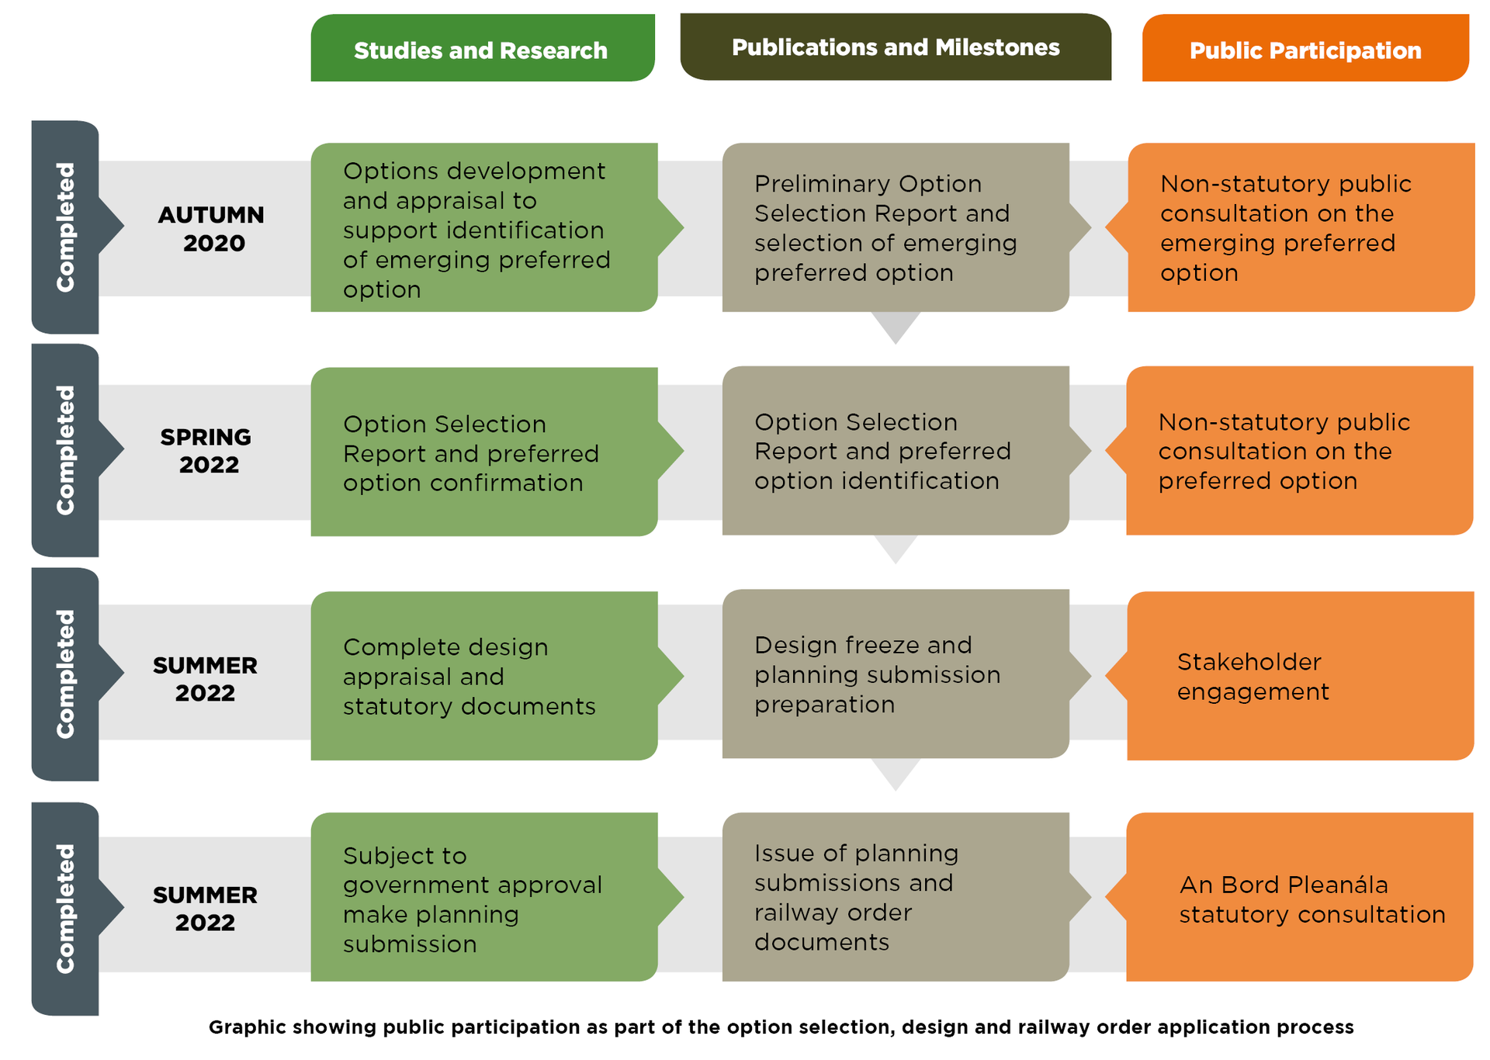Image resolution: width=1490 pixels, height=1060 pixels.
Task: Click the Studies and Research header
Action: click(482, 49)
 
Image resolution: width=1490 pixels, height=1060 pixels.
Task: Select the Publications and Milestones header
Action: click(895, 47)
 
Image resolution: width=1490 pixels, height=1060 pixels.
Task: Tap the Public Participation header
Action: click(1305, 50)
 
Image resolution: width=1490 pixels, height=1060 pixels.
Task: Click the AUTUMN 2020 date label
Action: click(211, 228)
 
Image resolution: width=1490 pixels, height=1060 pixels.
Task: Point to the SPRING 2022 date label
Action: click(206, 450)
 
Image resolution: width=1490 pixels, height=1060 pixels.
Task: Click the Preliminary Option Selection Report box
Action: click(895, 227)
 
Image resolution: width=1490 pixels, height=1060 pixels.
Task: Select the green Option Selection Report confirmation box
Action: click(483, 452)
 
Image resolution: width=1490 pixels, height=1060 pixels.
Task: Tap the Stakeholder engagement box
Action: click(1300, 676)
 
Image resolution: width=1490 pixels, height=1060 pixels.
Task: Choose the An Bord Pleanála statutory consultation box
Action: click(1300, 898)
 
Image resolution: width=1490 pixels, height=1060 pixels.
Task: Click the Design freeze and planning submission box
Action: click(895, 674)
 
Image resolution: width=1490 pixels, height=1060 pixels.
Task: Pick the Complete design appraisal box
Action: click(483, 676)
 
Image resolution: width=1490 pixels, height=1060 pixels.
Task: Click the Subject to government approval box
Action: click(483, 898)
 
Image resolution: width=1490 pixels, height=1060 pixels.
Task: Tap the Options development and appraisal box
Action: click(483, 228)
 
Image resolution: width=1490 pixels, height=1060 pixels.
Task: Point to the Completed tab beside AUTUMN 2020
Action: click(65, 227)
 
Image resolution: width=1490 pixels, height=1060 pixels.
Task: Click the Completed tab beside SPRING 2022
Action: click(65, 450)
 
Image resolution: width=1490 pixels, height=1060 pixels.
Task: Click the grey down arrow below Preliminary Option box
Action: click(896, 326)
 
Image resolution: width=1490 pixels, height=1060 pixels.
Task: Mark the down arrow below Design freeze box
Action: click(896, 773)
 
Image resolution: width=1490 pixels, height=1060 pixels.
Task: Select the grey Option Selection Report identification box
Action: click(895, 451)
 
